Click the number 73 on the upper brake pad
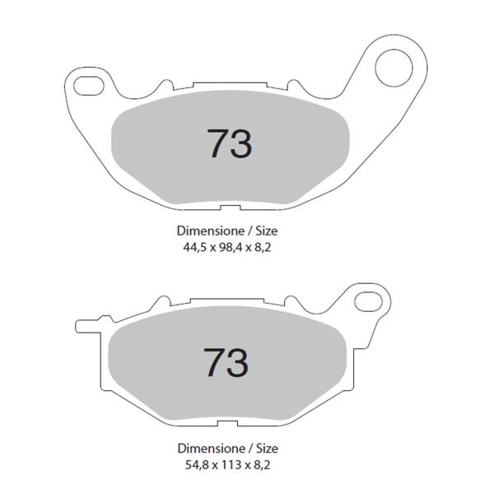(x=230, y=143)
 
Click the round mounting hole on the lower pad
(x=367, y=303)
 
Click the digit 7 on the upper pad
(x=216, y=143)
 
